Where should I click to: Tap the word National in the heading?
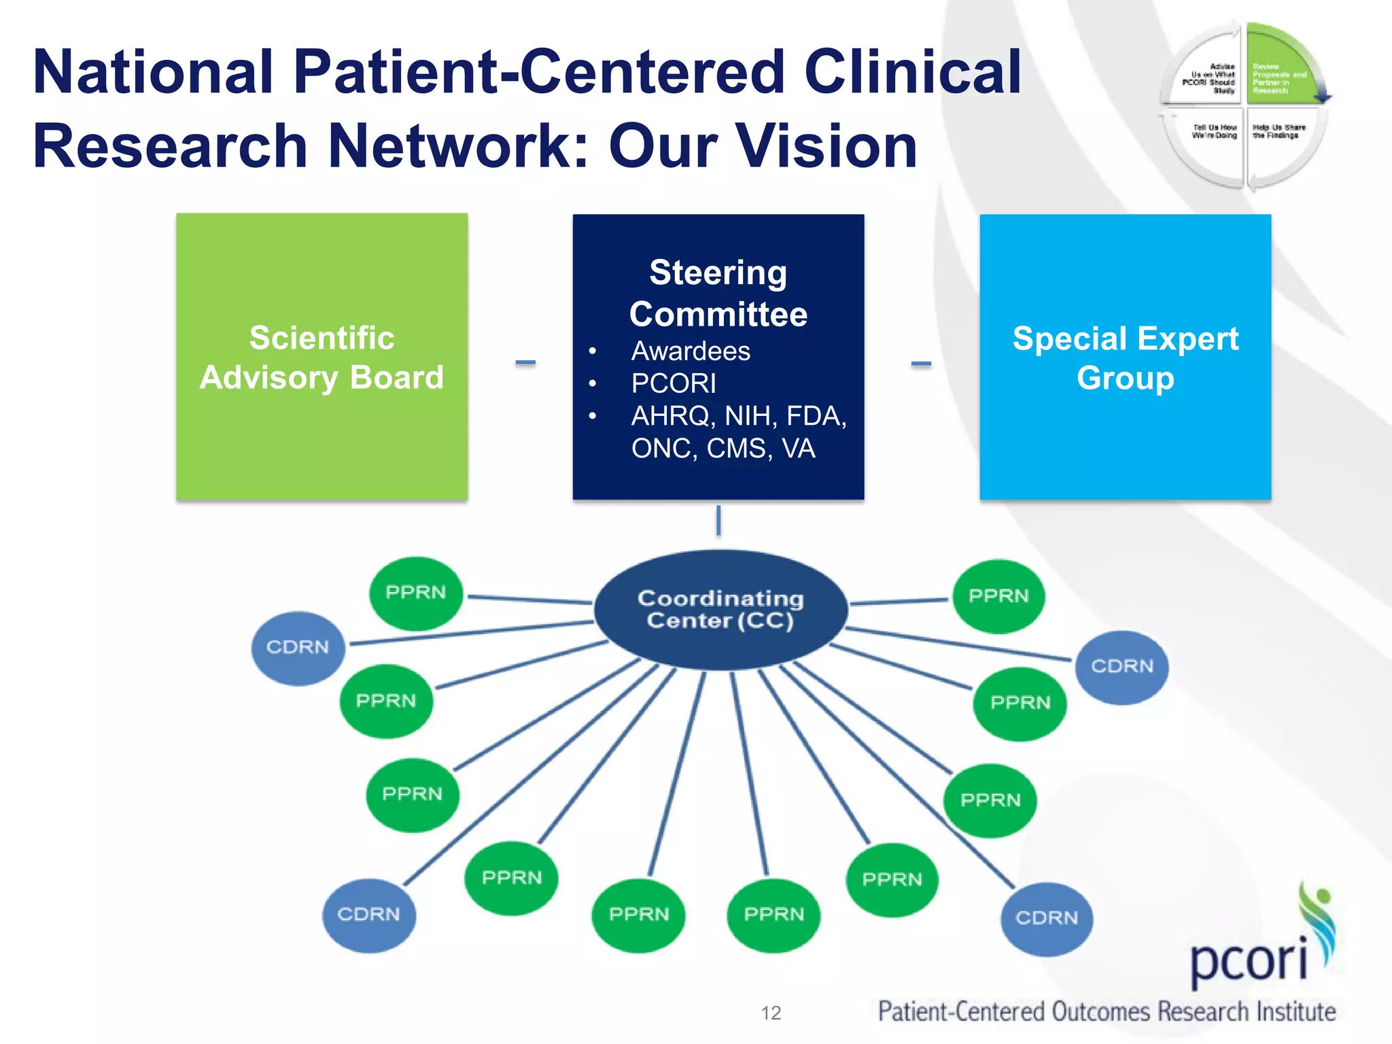coord(153,72)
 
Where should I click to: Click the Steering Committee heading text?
coord(718,293)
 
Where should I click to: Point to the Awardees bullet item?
coord(691,351)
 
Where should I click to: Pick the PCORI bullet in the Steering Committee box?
coord(674,383)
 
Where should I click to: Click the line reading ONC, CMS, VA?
coord(723,449)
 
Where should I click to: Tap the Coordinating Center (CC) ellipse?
coord(720,610)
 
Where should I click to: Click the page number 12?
coord(771,1013)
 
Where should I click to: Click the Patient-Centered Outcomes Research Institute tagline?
coord(1107,1011)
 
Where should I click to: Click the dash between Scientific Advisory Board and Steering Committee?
coord(525,363)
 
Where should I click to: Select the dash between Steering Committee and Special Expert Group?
coord(921,364)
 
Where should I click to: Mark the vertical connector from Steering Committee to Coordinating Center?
coord(718,521)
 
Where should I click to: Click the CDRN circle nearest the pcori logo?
coord(1047,918)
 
